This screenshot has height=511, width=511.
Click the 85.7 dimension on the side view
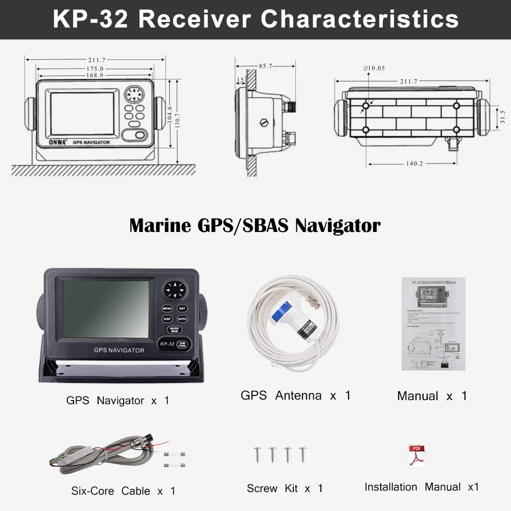click(266, 66)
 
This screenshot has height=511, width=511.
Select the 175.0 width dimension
click(95, 68)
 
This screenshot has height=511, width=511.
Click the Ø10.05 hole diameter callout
click(374, 68)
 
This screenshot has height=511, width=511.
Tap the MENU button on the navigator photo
click(167, 309)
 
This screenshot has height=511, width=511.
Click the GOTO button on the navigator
click(182, 319)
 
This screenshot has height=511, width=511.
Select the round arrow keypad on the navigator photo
click(175, 290)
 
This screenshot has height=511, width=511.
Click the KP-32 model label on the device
click(167, 344)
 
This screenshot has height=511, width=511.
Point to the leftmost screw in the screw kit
click(257, 454)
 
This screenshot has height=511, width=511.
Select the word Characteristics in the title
click(360, 19)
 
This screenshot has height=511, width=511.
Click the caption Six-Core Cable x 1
click(123, 491)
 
